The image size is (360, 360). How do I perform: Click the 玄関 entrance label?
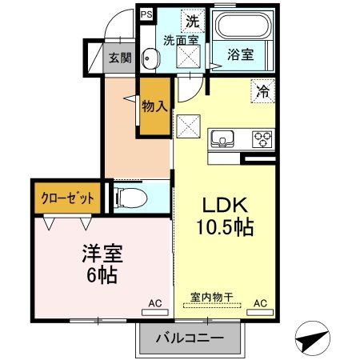[120, 58]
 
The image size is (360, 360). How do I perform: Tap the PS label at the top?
[146, 14]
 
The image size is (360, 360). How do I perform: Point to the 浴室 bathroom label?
[240, 55]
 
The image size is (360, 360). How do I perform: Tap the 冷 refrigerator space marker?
[262, 91]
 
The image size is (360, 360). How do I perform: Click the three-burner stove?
[262, 138]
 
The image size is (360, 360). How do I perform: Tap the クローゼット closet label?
[67, 197]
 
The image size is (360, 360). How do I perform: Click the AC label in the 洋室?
[154, 303]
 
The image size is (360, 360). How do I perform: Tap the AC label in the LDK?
[260, 303]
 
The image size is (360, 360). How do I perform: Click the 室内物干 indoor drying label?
[211, 297]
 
